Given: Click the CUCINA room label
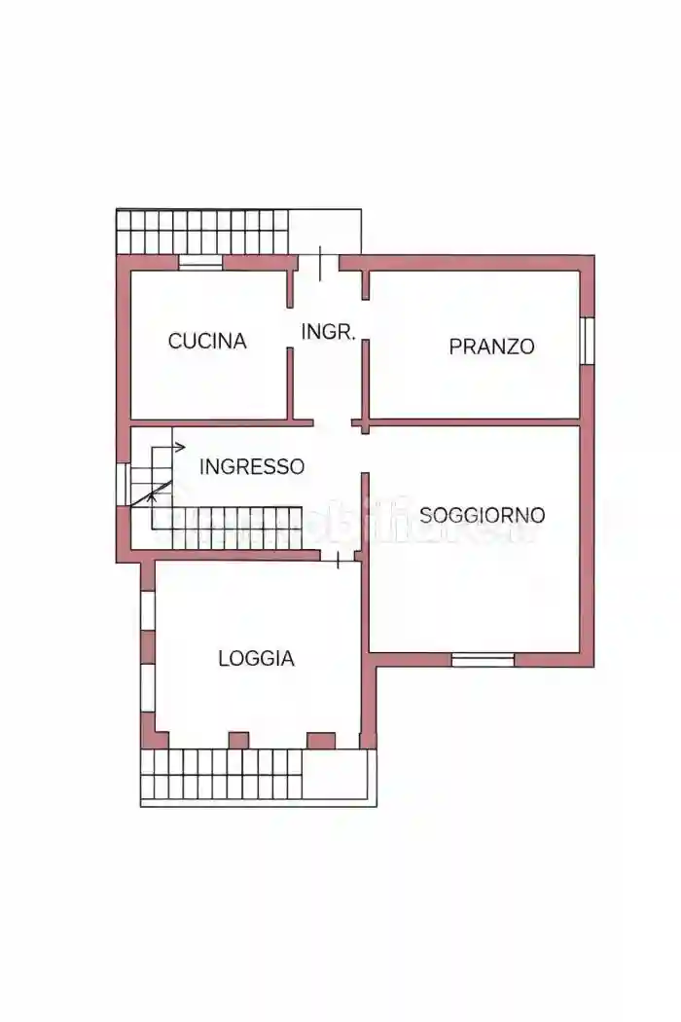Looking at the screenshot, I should (x=207, y=341).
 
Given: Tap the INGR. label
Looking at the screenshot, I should (x=328, y=331).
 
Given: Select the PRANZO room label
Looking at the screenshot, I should (x=491, y=346).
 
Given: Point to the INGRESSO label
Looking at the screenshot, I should (x=251, y=466).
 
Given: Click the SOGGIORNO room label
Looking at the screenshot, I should (x=482, y=515).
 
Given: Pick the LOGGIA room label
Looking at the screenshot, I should (x=256, y=658).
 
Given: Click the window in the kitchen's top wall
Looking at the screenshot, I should (x=200, y=262).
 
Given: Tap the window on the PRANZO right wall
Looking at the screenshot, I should (x=587, y=340).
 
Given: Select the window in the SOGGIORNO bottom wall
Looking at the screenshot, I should (x=483, y=660).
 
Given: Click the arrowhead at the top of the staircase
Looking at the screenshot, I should (x=181, y=448).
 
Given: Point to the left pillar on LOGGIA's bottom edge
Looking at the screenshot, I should (x=238, y=741).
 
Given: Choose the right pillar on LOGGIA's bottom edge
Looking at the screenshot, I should (x=321, y=741).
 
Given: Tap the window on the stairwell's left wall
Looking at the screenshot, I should (x=123, y=484).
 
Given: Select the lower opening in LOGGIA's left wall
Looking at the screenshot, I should (x=148, y=689).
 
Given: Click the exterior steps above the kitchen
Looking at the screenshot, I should (x=203, y=232).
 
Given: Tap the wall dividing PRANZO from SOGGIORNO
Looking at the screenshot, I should (x=475, y=422).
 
